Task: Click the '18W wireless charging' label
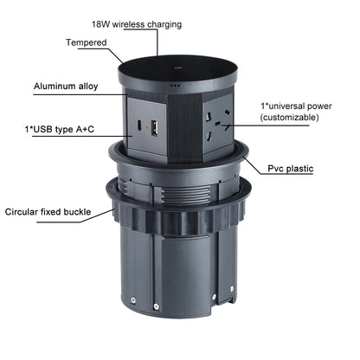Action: pyautogui.click(x=137, y=24)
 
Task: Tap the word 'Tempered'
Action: pyautogui.click(x=87, y=42)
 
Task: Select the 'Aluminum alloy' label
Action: pyautogui.click(x=66, y=87)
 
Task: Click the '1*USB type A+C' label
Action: pyautogui.click(x=60, y=129)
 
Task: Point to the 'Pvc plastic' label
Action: pyautogui.click(x=291, y=169)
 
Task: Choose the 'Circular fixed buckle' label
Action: pyautogui.click(x=48, y=212)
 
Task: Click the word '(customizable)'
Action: pyautogui.click(x=290, y=118)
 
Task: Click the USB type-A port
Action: pyautogui.click(x=154, y=128)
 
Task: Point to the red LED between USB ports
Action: pyautogui.click(x=146, y=126)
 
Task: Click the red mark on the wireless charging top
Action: pyautogui.click(x=177, y=68)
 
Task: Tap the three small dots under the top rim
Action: pyautogui.click(x=175, y=86)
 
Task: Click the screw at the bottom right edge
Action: pyautogui.click(x=232, y=288)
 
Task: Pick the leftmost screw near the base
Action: pyautogui.click(x=133, y=300)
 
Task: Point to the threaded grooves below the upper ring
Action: pyautogui.click(x=184, y=194)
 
